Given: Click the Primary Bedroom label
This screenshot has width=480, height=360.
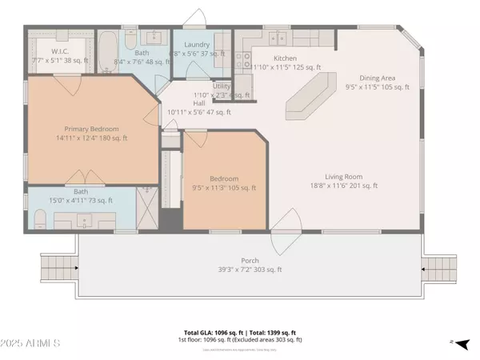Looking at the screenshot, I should pyautogui.click(x=92, y=129).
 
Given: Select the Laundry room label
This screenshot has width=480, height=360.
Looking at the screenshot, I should pyautogui.click(x=197, y=45).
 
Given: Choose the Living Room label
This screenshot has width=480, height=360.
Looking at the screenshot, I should pyautogui.click(x=344, y=177).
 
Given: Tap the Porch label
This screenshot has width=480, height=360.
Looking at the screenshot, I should pyautogui.click(x=250, y=262).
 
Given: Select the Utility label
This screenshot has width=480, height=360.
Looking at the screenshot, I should pyautogui.click(x=222, y=86).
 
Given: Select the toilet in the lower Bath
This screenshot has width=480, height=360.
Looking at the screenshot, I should pyautogui.click(x=40, y=218).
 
